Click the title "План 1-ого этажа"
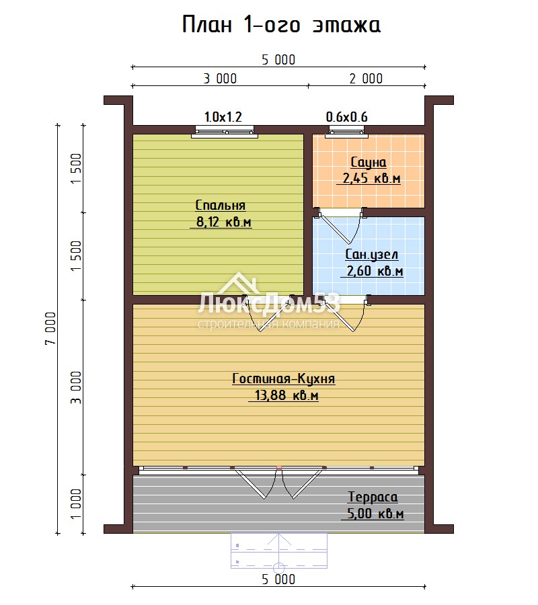click(281, 25)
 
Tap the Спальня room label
click(221, 205)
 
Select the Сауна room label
click(368, 163)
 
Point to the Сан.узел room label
click(372, 254)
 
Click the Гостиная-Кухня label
click(284, 378)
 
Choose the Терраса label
click(373, 497)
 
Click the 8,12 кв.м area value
click(224, 222)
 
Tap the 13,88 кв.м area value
click(286, 395)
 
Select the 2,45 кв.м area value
click(371, 178)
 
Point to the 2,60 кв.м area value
click(375, 271)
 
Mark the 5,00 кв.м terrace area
click(375, 514)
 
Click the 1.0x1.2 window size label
click(223, 116)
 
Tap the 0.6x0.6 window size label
click(346, 116)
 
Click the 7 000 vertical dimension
click(50, 328)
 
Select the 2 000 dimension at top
click(366, 79)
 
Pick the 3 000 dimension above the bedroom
click(220, 79)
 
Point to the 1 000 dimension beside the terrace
click(76, 504)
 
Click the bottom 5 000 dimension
click(278, 579)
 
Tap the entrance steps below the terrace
click(279, 551)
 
